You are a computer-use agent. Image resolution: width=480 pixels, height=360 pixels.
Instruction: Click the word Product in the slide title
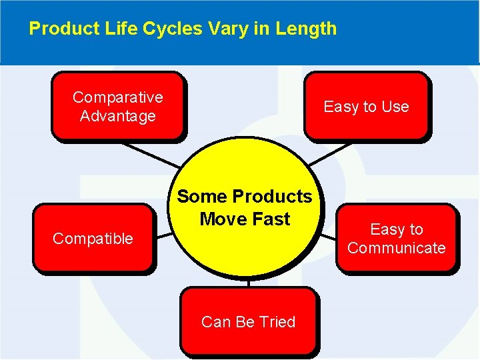point(58,29)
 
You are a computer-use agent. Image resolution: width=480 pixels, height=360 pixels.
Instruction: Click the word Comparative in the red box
point(117,97)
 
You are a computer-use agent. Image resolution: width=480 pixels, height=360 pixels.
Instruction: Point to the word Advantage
point(117,116)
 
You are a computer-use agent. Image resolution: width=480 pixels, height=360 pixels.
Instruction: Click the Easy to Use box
point(366,107)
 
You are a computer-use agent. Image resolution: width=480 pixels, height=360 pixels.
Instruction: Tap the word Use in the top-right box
point(395,107)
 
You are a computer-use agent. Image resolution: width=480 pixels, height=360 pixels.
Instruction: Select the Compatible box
point(93,239)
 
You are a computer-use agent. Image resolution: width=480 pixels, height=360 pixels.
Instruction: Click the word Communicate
point(396,248)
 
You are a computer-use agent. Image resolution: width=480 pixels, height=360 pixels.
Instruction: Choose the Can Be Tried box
point(248,321)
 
